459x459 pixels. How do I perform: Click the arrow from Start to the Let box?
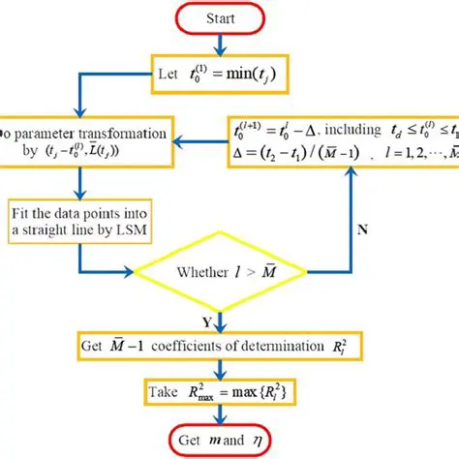click(220, 45)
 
